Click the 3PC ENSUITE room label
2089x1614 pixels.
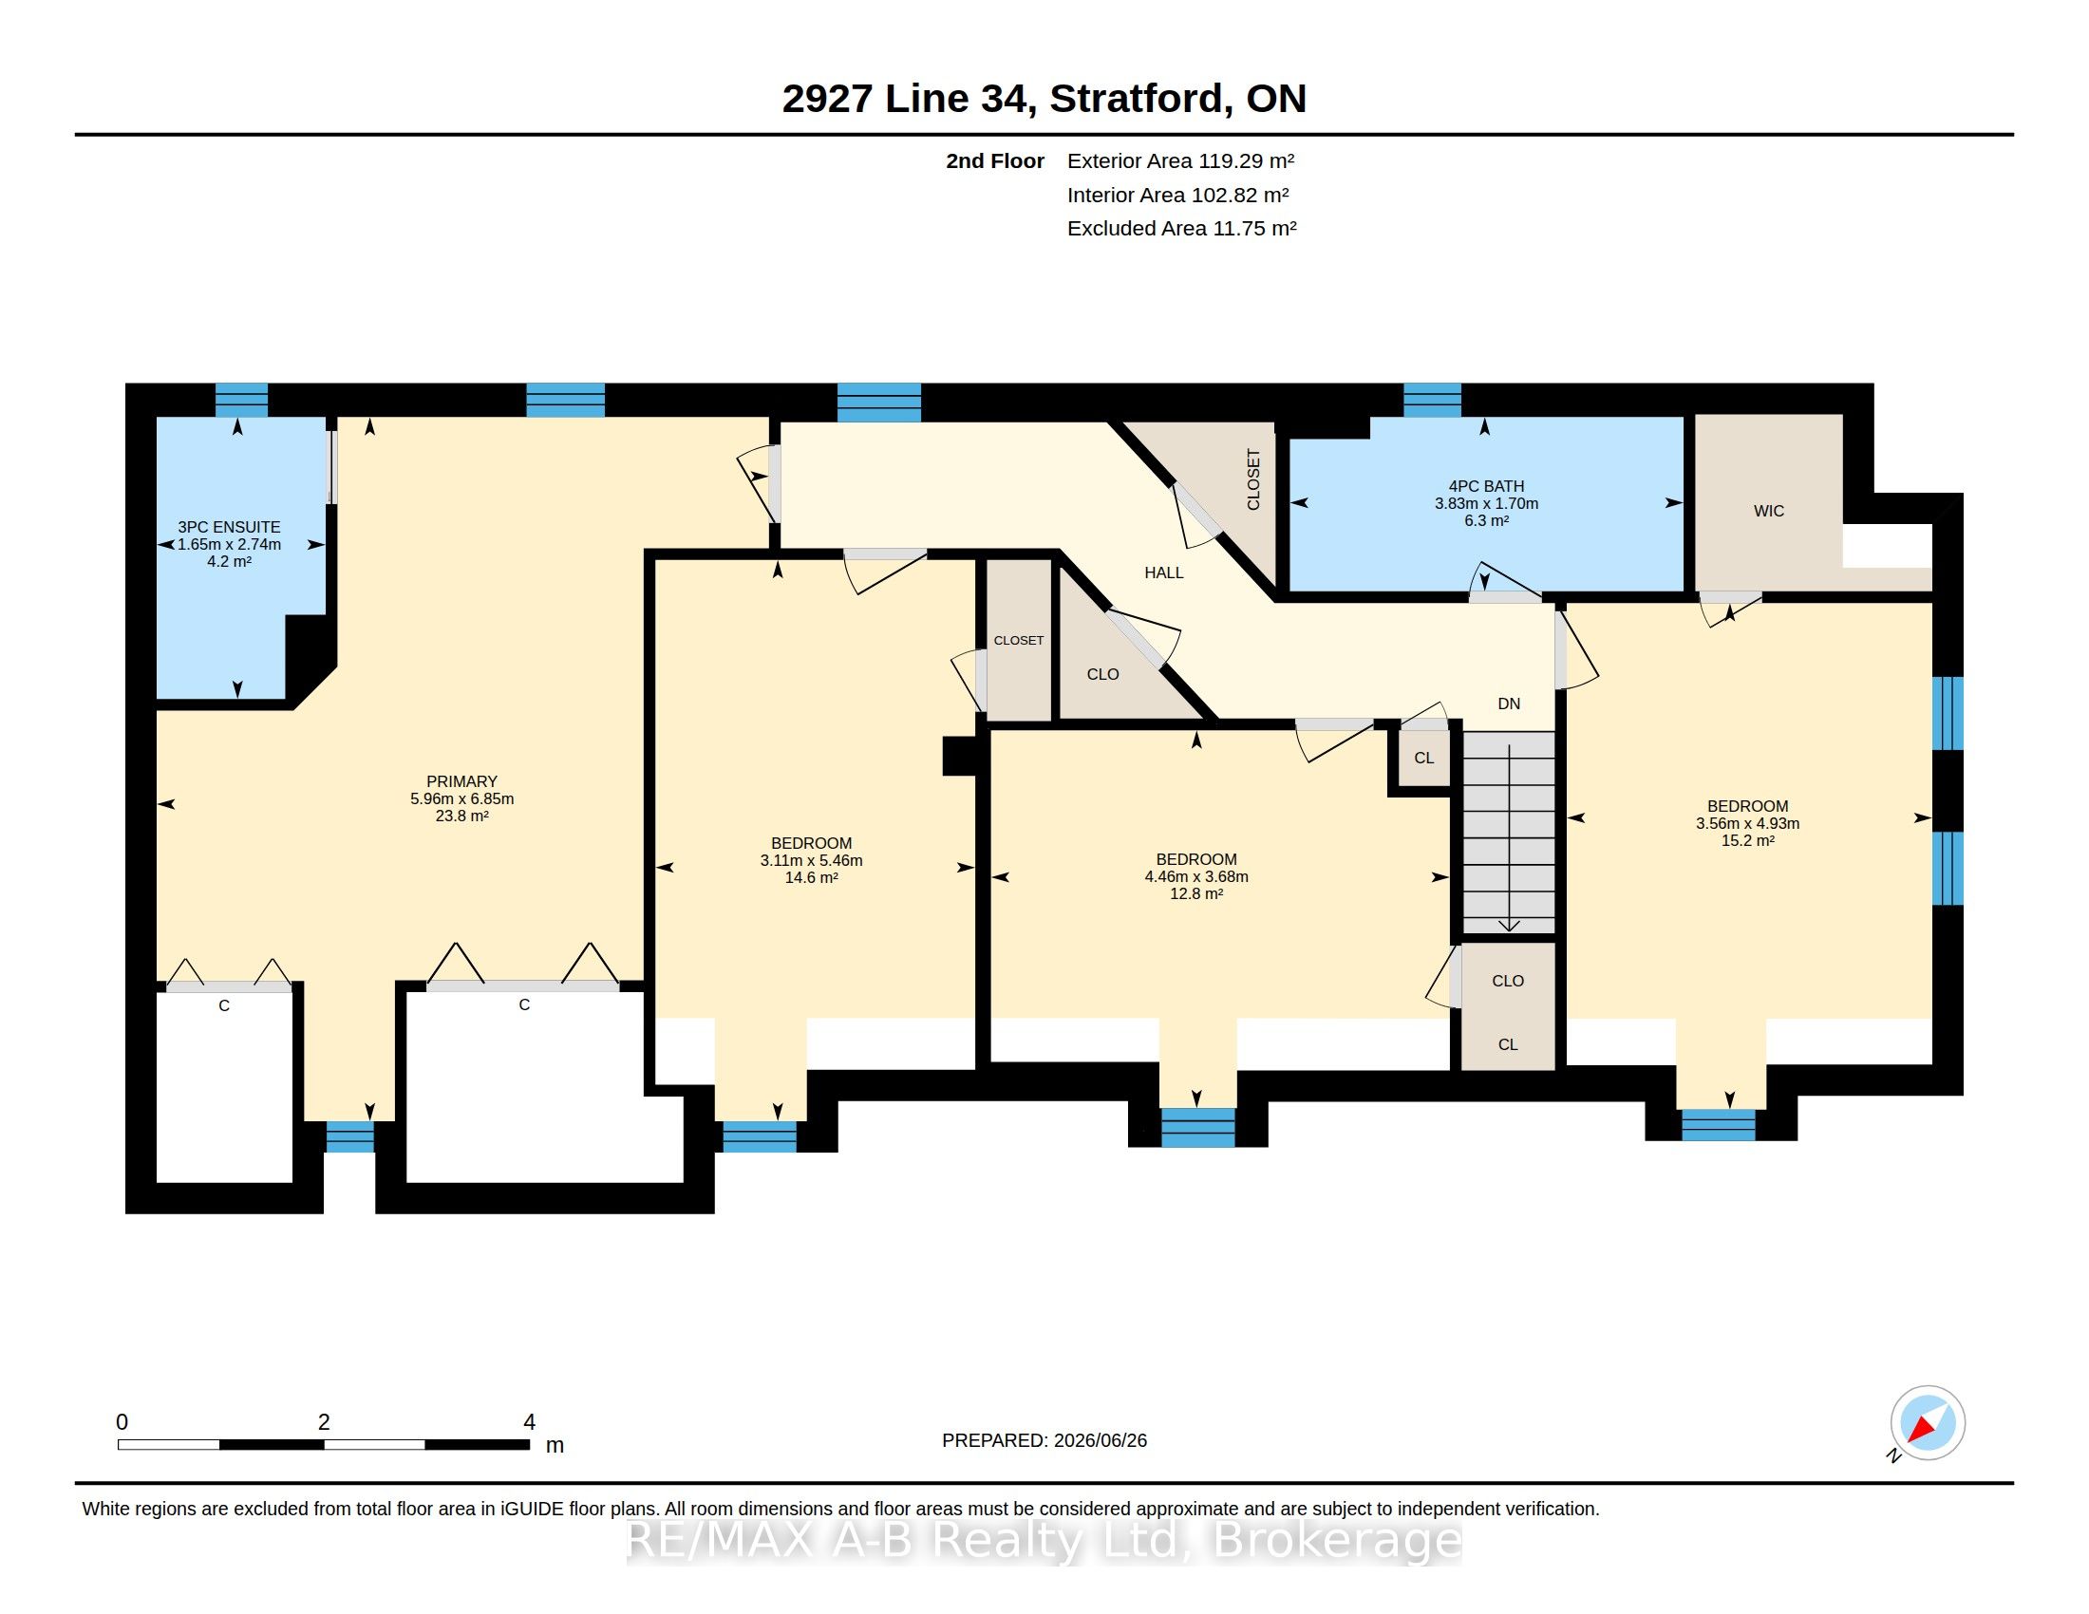(x=230, y=527)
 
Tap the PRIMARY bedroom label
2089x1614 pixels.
(x=462, y=781)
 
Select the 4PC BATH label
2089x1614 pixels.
(x=1486, y=486)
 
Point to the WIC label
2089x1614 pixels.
(x=1769, y=511)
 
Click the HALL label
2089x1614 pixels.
(x=1164, y=572)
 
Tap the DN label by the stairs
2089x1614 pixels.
(x=1509, y=704)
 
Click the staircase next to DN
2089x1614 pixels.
(x=1509, y=832)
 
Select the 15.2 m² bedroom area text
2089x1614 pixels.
(x=1747, y=840)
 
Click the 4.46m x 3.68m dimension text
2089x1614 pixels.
(x=1196, y=877)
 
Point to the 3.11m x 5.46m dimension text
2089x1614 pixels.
(x=811, y=860)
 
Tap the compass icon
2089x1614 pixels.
(x=1928, y=1423)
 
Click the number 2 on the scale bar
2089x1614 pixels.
(x=324, y=1422)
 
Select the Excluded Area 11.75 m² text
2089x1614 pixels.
(x=1181, y=229)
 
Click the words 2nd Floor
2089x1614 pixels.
(x=995, y=161)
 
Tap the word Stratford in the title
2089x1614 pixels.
(x=1137, y=99)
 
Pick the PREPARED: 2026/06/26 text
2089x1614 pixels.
(x=1044, y=1440)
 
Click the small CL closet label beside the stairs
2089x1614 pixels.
(x=1424, y=759)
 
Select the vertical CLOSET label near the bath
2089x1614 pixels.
(x=1253, y=479)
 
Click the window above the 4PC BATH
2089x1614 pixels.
(x=1432, y=400)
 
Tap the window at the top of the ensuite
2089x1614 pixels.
(x=241, y=400)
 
